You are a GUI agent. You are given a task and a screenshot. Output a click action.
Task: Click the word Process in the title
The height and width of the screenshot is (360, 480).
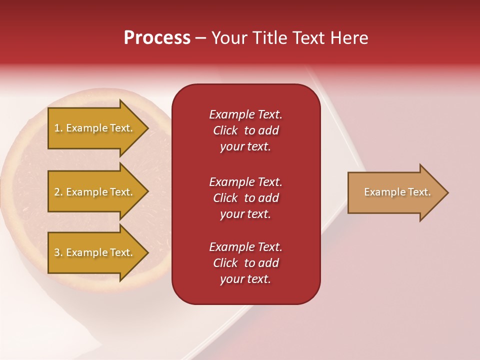157,38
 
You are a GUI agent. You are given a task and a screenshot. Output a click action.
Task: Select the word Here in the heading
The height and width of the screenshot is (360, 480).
349,38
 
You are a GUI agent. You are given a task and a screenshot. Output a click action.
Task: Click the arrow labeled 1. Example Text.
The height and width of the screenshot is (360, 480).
95,128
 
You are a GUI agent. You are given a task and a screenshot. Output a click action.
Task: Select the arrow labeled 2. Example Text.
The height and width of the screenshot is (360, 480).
95,192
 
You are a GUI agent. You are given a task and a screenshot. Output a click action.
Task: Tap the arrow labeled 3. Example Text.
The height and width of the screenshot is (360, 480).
95,252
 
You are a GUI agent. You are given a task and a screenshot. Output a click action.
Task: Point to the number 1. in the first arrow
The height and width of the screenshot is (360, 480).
58,128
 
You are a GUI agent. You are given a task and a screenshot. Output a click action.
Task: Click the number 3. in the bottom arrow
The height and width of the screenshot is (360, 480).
58,253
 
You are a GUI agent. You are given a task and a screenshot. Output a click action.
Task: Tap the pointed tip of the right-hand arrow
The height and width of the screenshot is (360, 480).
446,192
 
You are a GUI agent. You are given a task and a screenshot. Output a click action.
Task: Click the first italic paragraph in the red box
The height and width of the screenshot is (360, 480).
245,130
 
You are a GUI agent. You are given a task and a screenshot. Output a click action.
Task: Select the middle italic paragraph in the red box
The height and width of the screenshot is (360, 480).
245,198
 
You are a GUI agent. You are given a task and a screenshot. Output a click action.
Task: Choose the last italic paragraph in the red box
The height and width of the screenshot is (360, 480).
245,263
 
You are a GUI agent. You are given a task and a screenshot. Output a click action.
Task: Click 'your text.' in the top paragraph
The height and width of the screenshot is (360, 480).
245,147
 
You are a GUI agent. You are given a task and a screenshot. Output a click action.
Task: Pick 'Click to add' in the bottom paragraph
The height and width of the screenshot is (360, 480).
245,263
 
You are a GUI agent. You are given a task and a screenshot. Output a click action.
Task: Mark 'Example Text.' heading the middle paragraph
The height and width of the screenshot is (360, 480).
245,181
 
